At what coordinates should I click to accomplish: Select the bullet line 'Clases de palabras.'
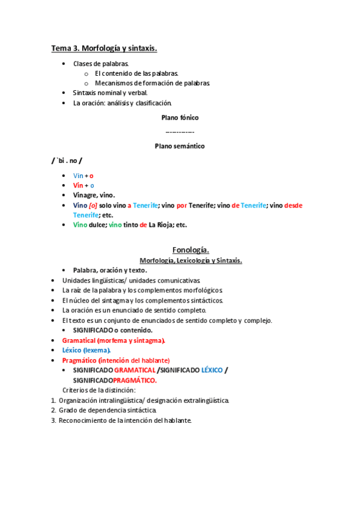[x=100, y=63]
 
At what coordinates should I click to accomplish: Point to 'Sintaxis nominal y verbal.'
[x=110, y=93]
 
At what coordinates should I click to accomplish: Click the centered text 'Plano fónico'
[x=180, y=117]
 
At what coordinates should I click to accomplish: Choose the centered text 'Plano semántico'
[x=180, y=146]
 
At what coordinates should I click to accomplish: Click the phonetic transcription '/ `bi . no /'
[x=67, y=161]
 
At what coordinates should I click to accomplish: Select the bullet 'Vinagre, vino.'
[x=94, y=195]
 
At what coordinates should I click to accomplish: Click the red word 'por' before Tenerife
[x=182, y=205]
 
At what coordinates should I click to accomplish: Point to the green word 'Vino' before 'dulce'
[x=80, y=225]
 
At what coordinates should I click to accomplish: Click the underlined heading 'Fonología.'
[x=191, y=250]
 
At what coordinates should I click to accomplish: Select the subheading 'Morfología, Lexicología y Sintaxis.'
[x=191, y=260]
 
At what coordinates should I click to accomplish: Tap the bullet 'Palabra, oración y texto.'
[x=110, y=270]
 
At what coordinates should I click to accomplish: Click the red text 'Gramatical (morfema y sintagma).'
[x=113, y=340]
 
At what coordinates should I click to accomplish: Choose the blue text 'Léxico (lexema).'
[x=86, y=349]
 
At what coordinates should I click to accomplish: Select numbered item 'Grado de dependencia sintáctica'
[x=108, y=410]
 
